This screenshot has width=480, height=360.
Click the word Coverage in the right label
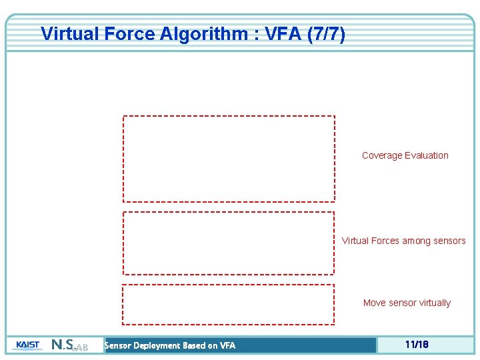(382, 155)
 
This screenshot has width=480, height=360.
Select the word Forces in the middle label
(385, 241)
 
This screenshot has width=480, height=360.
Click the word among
(417, 241)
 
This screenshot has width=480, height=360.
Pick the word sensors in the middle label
(449, 241)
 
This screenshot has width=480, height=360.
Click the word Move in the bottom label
(374, 303)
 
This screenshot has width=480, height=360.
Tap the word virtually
(434, 303)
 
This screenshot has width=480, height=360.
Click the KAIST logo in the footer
(27, 345)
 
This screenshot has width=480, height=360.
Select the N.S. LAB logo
(69, 345)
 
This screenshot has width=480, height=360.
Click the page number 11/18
(416, 345)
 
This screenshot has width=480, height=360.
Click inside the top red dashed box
(229, 159)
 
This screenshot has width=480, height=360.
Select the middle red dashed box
(228, 243)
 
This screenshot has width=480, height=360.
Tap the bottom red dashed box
(228, 304)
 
